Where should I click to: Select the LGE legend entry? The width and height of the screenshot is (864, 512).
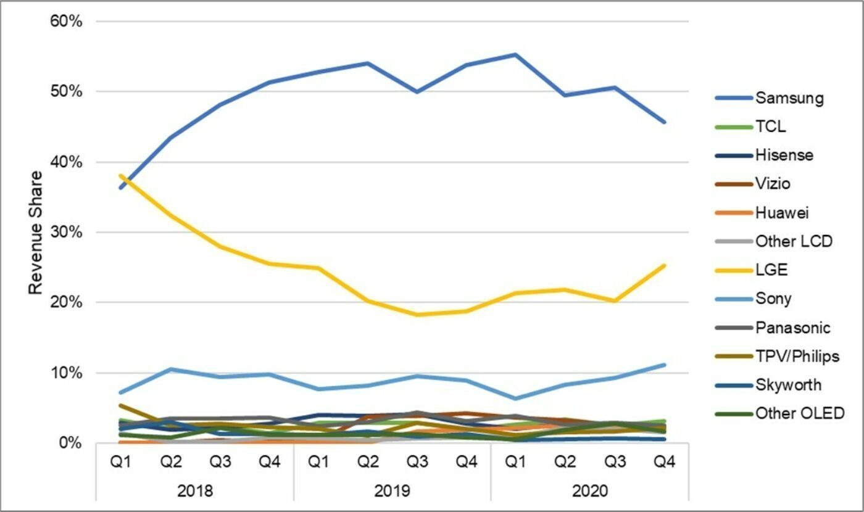coord(771,270)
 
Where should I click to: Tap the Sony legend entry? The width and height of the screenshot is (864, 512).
coord(773,299)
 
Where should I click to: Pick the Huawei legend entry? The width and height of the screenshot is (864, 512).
coord(781,213)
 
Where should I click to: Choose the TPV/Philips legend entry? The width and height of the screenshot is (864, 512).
coord(797,356)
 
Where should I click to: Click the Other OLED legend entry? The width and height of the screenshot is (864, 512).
coord(799,413)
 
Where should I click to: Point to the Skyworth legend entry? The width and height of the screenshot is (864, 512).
coord(788,385)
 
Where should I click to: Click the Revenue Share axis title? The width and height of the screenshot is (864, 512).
coord(36,233)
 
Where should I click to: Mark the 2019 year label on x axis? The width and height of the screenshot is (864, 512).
coord(392,492)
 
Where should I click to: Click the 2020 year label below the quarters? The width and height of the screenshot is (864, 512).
coord(589,492)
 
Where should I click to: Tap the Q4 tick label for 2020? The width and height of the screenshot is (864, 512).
coord(663,462)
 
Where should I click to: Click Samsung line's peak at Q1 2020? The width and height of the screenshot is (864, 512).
coord(515,54)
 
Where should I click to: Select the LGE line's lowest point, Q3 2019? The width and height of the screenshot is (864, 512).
coord(417,315)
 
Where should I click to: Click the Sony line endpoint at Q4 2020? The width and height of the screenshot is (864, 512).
coord(664,365)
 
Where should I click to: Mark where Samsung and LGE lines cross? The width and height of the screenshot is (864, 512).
coord(123,180)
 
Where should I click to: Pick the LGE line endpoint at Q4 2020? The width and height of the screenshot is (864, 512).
coord(664,266)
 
